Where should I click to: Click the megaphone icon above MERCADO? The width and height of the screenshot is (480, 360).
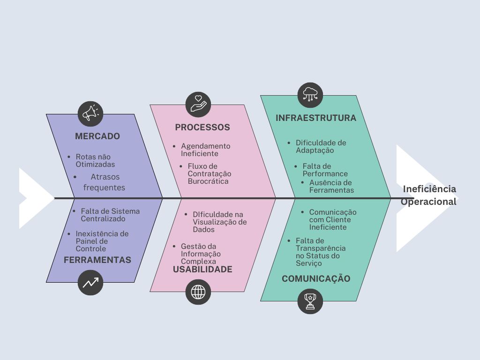pyautogui.click(x=90, y=113)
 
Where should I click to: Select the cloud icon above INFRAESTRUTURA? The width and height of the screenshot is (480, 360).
pyautogui.click(x=310, y=95)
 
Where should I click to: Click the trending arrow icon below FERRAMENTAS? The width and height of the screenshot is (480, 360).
pyautogui.click(x=90, y=282)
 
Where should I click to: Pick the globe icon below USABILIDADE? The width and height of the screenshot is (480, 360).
pyautogui.click(x=198, y=292)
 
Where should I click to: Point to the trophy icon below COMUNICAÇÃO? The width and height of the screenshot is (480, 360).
pyautogui.click(x=310, y=301)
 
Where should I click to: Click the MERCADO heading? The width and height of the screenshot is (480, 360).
pyautogui.click(x=97, y=136)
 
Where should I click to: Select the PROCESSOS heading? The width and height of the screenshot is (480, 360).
pyautogui.click(x=202, y=127)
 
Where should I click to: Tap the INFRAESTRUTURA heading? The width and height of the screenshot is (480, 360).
pyautogui.click(x=316, y=118)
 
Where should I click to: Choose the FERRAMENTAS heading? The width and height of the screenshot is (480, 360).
pyautogui.click(x=97, y=260)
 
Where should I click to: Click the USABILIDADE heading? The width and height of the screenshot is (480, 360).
pyautogui.click(x=202, y=269)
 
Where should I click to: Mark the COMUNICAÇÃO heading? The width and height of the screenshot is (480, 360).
pyautogui.click(x=316, y=278)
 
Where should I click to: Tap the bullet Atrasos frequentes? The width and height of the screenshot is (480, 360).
pyautogui.click(x=105, y=182)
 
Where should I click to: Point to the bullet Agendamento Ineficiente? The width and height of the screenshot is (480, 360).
pyautogui.click(x=205, y=150)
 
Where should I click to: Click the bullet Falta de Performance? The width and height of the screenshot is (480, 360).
pyautogui.click(x=324, y=170)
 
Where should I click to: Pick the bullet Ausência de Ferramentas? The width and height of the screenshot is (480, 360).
pyautogui.click(x=331, y=186)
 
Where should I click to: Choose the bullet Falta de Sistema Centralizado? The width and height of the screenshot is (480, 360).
pyautogui.click(x=110, y=215)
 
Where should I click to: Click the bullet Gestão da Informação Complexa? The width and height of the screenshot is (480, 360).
pyautogui.click(x=201, y=254)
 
